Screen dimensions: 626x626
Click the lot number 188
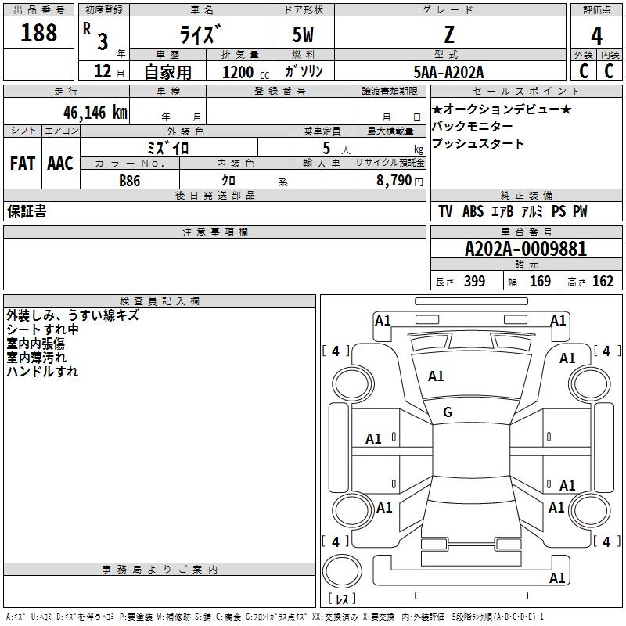tap(39, 33)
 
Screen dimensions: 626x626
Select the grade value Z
tap(449, 34)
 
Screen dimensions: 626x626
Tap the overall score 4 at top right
tap(596, 35)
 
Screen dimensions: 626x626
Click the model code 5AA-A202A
tap(448, 72)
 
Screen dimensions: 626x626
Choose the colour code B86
tap(130, 180)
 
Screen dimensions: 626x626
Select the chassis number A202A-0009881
tap(525, 249)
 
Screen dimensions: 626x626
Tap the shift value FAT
tap(22, 164)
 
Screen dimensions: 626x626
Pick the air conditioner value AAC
tap(60, 164)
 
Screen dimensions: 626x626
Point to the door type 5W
tap(304, 34)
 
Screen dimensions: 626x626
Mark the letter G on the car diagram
tap(448, 412)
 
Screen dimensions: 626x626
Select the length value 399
tap(474, 282)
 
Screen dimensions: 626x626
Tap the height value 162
tap(603, 282)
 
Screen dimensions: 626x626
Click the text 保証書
tap(27, 211)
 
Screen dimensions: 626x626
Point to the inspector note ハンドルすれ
tap(42, 372)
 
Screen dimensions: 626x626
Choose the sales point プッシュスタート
tap(478, 144)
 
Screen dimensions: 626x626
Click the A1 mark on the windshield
tap(436, 376)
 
